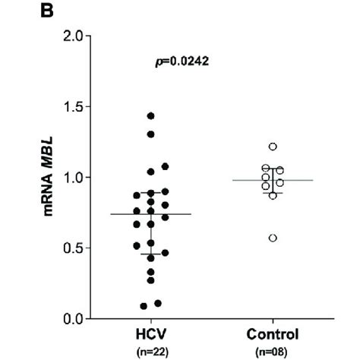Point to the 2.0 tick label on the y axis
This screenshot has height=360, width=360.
(x=71, y=36)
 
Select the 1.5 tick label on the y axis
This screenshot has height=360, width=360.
(x=71, y=106)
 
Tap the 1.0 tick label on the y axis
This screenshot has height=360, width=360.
(x=71, y=177)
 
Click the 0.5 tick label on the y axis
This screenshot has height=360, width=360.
(x=71, y=248)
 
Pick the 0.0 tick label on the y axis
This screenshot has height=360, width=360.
(x=71, y=318)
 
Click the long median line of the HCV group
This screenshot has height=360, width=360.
(x=151, y=214)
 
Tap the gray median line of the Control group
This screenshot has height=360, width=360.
(x=273, y=180)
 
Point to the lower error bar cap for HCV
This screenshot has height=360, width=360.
(x=151, y=254)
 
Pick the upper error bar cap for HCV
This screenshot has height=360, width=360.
(x=151, y=193)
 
